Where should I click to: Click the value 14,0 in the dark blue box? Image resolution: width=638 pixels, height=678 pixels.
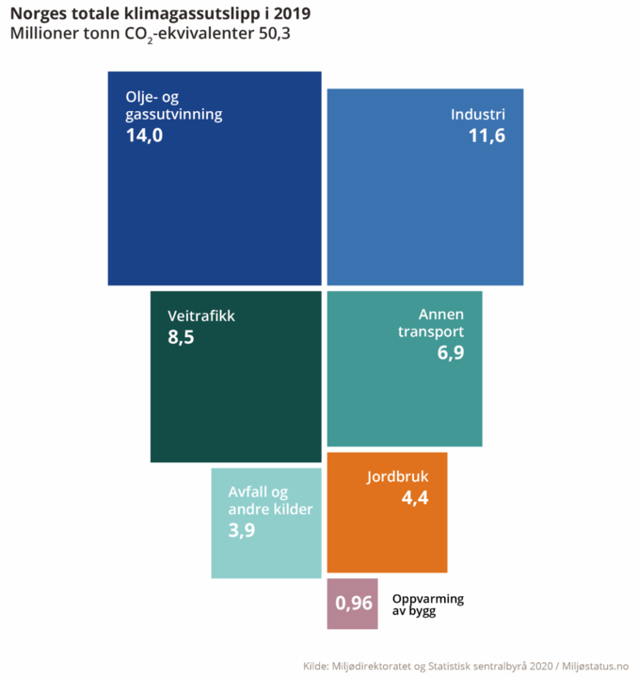click(144, 136)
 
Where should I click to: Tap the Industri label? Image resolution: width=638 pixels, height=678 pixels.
click(478, 115)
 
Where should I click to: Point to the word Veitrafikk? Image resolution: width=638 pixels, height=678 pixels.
click(200, 315)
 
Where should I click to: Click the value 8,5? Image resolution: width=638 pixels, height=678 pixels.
click(181, 337)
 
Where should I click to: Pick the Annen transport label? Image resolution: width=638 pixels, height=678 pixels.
click(430, 323)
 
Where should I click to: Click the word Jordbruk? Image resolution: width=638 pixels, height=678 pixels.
click(397, 476)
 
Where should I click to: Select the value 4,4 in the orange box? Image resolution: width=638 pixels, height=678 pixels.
click(415, 498)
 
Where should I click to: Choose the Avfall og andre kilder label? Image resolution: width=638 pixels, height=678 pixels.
click(270, 501)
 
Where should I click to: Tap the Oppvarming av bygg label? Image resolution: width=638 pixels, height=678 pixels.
click(427, 605)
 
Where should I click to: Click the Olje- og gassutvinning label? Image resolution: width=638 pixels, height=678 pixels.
click(173, 106)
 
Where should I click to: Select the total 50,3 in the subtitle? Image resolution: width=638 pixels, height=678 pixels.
click(279, 35)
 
